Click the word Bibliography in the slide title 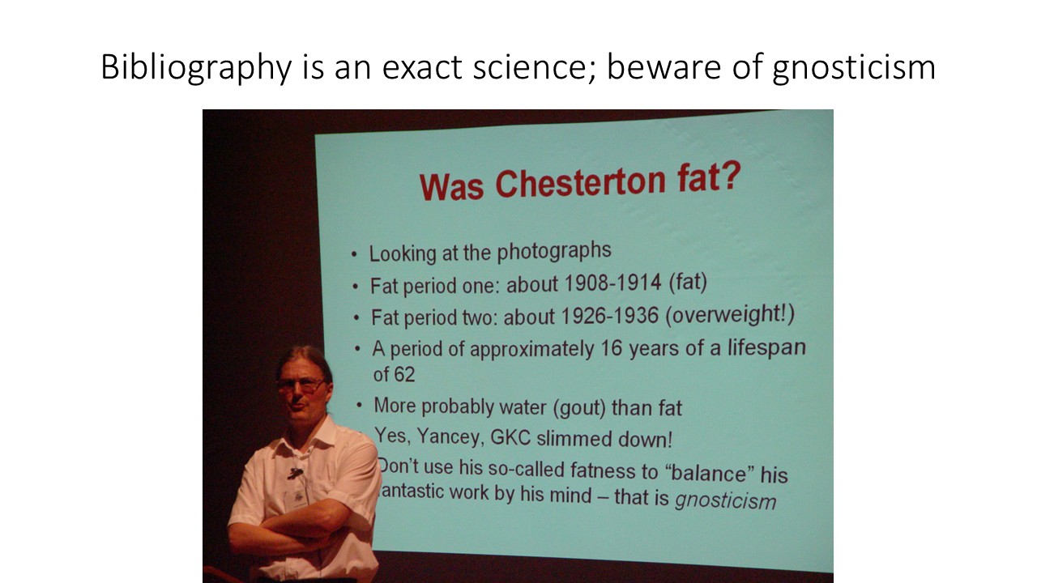tap(196, 68)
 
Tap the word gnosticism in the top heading tap(854, 68)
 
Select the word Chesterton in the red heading tap(581, 182)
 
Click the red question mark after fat tap(731, 175)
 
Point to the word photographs tap(554, 251)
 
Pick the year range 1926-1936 tap(609, 316)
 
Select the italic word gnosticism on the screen tap(725, 500)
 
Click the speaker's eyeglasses tap(301, 385)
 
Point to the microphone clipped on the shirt tap(295, 473)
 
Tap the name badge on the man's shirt tap(297, 499)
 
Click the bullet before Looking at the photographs tap(354, 255)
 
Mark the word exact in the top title tap(422, 68)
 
